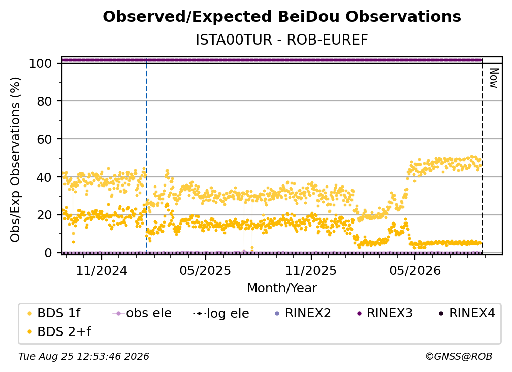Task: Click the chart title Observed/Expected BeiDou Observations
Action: (282, 17)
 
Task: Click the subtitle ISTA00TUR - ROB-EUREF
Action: (282, 40)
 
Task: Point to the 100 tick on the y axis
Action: (41, 63)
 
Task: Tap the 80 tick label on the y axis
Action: (44, 101)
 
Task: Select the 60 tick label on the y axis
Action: (44, 139)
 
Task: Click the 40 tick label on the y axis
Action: (44, 177)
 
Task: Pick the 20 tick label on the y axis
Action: (44, 215)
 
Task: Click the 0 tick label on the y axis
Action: (48, 253)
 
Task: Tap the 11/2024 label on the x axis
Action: (102, 270)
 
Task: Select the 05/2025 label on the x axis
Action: (205, 270)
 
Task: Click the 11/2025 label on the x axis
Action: (311, 270)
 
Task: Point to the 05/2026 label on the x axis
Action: (415, 270)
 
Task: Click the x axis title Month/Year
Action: (282, 288)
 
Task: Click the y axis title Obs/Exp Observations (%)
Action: (15, 160)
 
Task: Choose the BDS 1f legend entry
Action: (54, 313)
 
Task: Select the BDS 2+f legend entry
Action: (59, 331)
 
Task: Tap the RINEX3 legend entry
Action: (385, 313)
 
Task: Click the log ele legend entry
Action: (221, 313)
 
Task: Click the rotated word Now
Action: (494, 78)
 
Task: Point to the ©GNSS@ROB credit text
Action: (459, 357)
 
